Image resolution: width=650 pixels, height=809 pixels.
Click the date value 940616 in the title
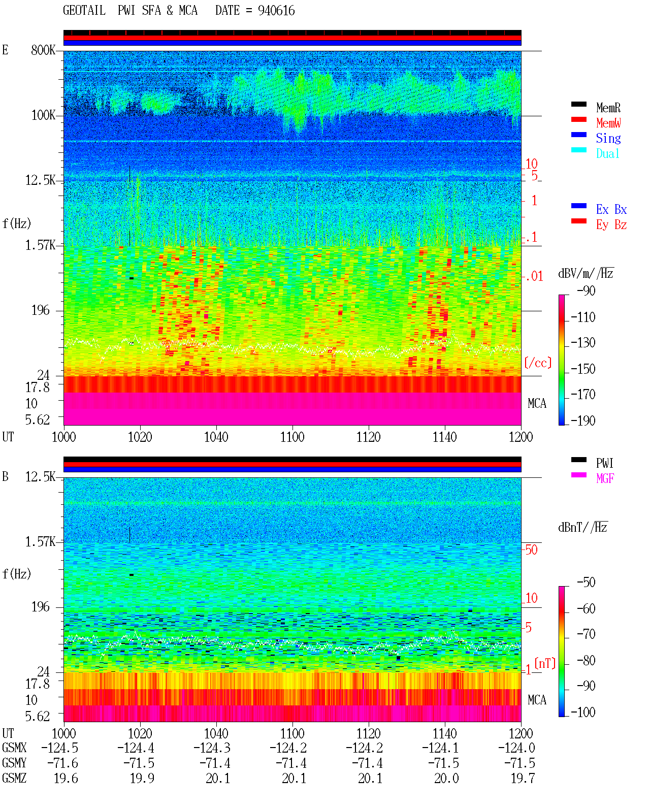276,11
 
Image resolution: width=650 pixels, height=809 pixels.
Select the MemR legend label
608,108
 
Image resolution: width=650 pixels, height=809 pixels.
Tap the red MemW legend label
608,123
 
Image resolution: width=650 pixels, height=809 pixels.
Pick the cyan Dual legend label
608,153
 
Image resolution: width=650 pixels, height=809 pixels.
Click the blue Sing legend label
608,138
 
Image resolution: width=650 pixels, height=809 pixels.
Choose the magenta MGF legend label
605,478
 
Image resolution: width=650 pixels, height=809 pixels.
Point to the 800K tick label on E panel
43,50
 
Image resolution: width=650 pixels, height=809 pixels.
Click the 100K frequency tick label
43,115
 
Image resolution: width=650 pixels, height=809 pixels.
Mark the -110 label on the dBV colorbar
583,317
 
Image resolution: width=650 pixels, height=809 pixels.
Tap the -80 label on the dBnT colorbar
586,660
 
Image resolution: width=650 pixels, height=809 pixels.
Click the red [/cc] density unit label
538,363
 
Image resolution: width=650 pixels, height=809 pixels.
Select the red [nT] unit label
545,663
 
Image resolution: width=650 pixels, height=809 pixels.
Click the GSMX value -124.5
60,748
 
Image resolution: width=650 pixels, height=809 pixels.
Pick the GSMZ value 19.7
523,778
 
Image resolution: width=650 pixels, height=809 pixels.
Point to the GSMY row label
14,763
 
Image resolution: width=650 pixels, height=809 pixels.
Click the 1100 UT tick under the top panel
292,437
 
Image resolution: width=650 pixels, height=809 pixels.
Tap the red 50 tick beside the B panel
531,549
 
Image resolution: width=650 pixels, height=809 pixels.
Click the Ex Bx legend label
611,209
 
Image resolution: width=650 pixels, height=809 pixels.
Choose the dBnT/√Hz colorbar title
583,527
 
